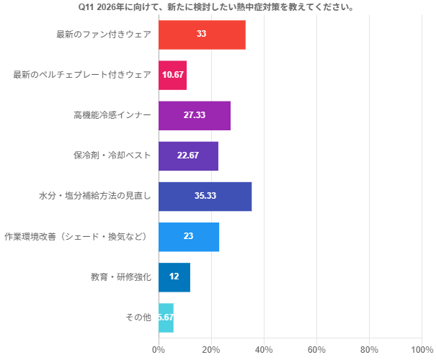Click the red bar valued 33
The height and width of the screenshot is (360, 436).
(202, 35)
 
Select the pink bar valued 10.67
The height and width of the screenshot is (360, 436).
(172, 75)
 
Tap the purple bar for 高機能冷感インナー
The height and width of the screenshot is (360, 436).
(195, 115)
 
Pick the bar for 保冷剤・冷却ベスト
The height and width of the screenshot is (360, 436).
(188, 156)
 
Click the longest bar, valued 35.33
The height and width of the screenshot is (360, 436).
(205, 196)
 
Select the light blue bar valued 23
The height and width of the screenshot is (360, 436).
(189, 236)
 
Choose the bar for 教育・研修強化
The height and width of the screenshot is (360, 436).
(174, 276)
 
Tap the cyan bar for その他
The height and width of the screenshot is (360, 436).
(166, 317)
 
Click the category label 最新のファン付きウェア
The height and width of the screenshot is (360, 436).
(104, 35)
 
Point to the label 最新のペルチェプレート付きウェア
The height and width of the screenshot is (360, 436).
(82, 75)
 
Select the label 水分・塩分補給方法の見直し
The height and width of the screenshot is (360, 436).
(95, 196)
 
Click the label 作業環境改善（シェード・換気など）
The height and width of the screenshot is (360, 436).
(78, 236)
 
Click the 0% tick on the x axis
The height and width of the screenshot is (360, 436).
(159, 349)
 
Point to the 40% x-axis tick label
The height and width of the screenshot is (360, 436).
(264, 349)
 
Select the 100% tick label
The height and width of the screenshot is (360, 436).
(422, 349)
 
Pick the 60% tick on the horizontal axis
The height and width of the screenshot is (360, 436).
(316, 349)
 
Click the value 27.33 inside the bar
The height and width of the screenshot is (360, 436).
(195, 115)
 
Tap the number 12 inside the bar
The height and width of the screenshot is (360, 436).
(174, 276)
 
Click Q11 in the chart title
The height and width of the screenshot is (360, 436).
(87, 7)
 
